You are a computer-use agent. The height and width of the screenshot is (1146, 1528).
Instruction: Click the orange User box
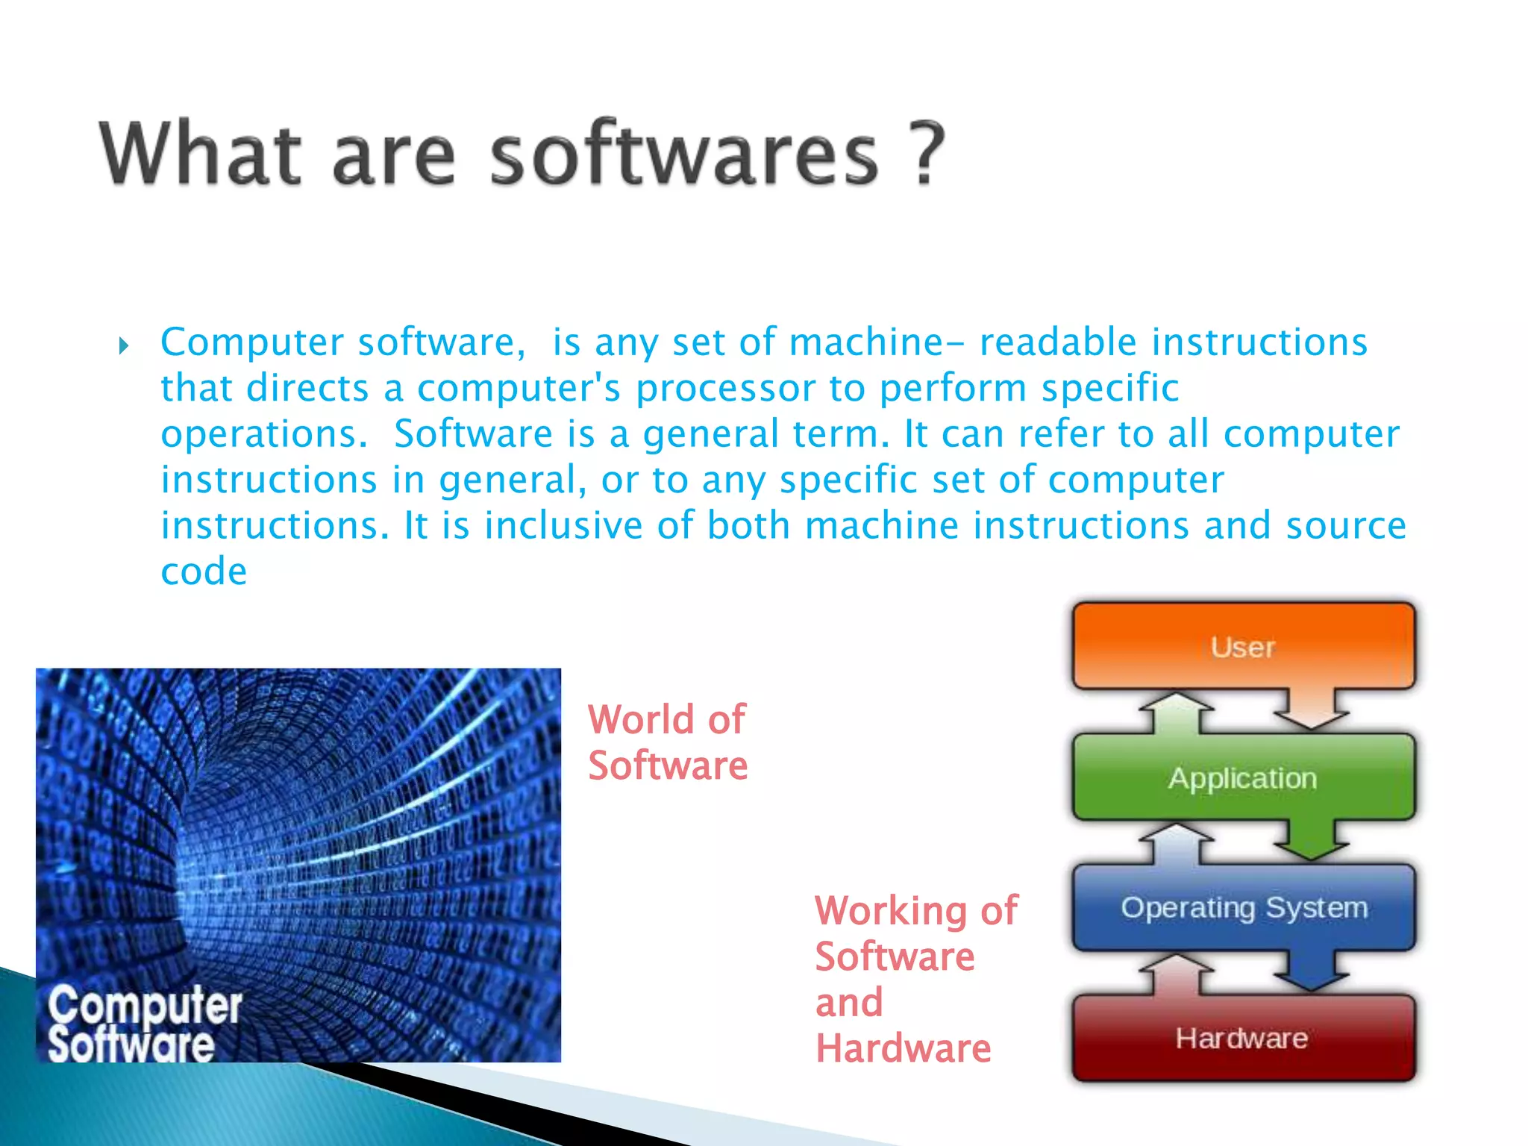click(x=1243, y=646)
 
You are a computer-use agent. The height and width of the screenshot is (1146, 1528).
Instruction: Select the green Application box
click(x=1243, y=778)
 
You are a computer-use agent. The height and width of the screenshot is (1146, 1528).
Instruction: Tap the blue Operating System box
click(x=1243, y=908)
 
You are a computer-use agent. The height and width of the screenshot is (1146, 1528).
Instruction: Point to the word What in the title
click(x=200, y=153)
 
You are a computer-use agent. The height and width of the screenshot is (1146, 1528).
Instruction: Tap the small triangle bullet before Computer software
click(x=124, y=345)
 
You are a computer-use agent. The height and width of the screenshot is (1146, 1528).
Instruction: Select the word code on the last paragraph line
click(x=204, y=572)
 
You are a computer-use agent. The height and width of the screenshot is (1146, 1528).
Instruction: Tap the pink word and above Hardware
click(x=849, y=1003)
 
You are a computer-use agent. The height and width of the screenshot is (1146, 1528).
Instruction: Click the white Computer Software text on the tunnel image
click(x=144, y=1024)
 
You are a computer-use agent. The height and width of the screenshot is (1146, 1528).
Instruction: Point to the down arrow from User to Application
click(x=1311, y=710)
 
